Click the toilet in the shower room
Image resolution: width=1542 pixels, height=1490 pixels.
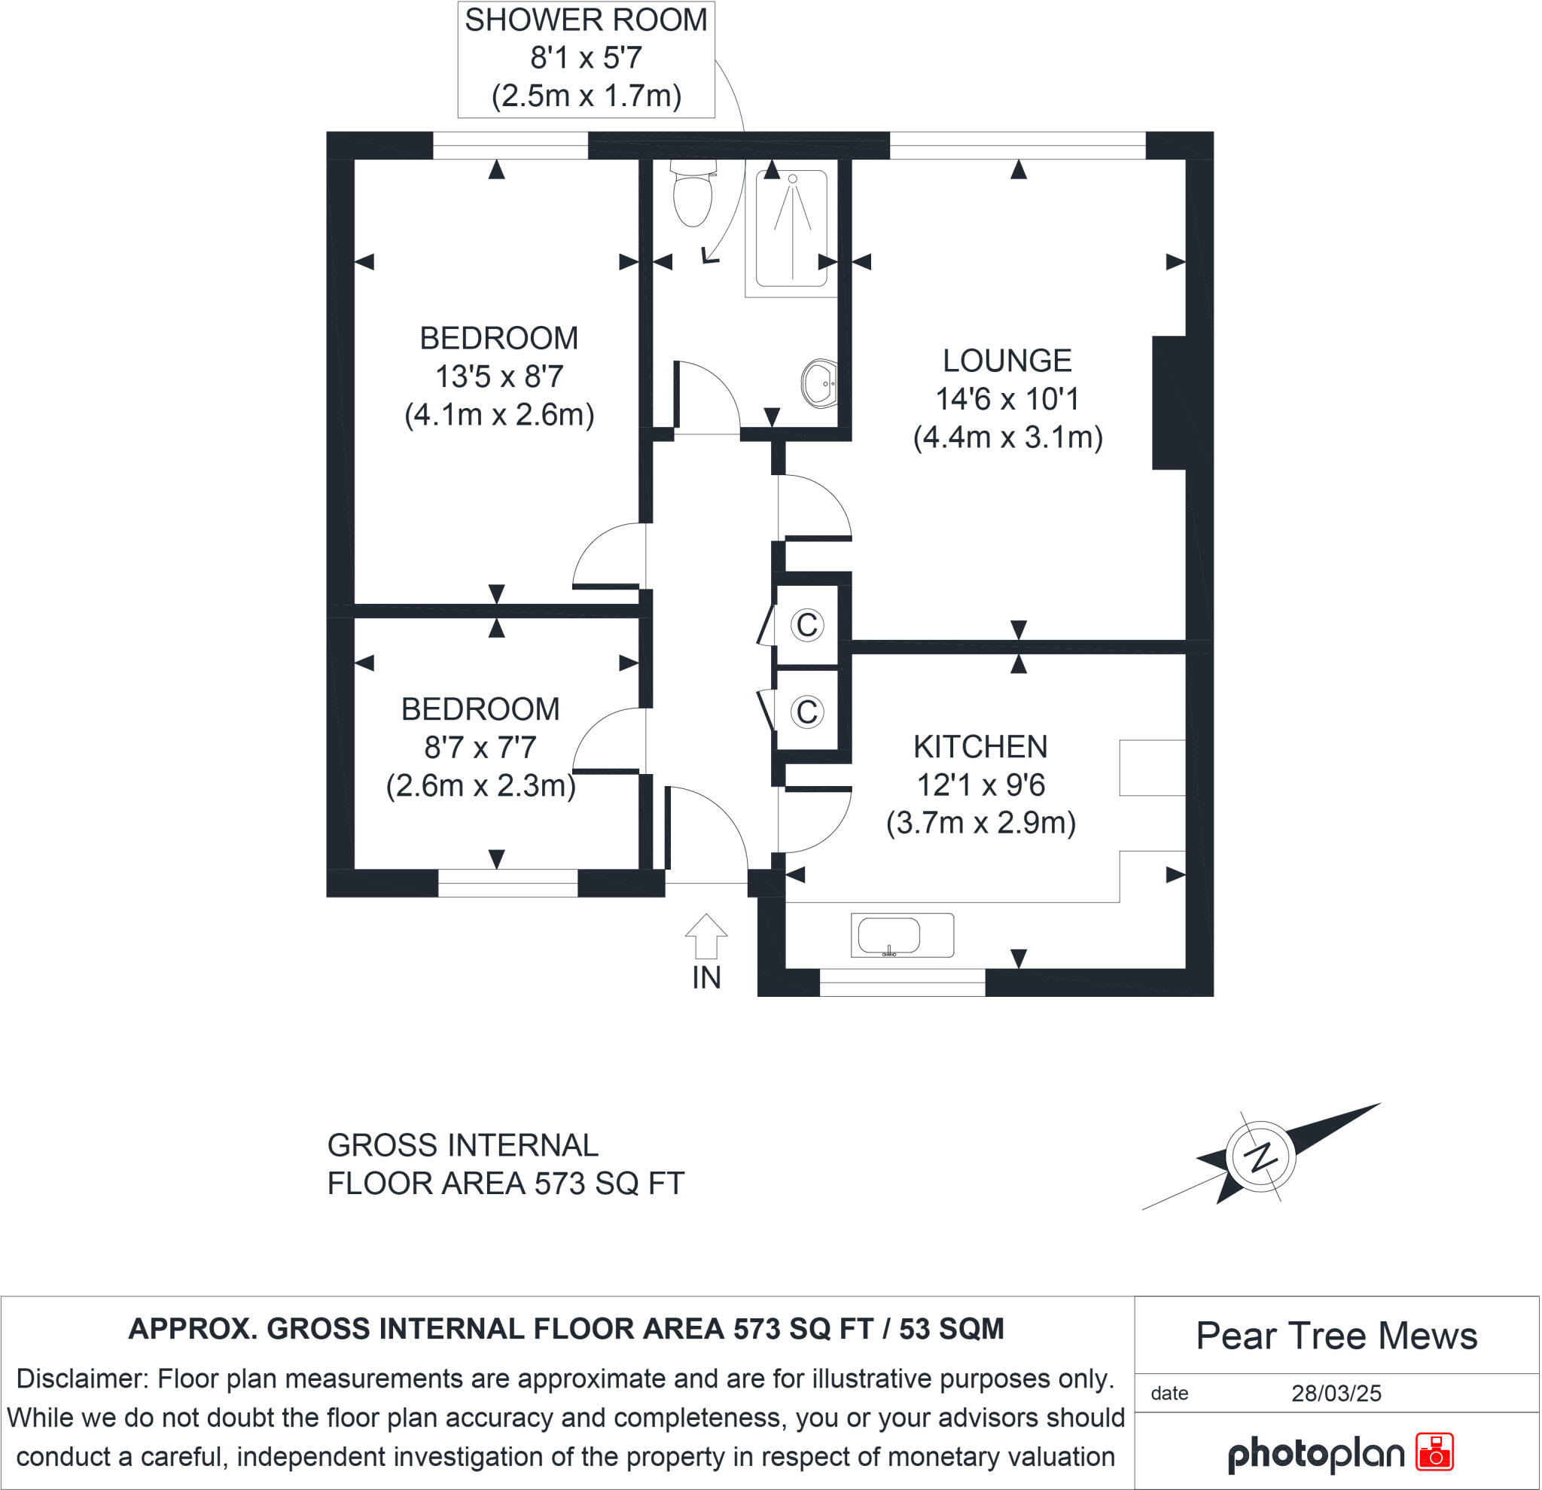tap(693, 195)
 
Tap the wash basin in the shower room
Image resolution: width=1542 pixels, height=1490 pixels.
tap(820, 384)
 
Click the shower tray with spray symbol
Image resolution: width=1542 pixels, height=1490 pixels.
tap(791, 228)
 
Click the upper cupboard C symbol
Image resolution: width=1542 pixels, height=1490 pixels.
tap(807, 626)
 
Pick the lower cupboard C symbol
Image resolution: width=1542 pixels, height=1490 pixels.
tap(807, 712)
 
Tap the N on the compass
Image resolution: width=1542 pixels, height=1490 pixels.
tap(1261, 1156)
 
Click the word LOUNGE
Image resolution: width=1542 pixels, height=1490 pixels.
tap(1007, 361)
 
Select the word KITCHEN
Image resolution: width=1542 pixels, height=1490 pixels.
tap(980, 747)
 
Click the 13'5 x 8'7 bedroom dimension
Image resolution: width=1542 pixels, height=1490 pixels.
tap(498, 376)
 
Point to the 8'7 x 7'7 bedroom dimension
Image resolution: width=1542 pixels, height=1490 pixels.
tap(480, 748)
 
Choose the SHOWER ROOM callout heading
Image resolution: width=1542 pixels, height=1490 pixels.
tap(585, 20)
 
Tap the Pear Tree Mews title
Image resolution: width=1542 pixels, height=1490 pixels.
tap(1336, 1336)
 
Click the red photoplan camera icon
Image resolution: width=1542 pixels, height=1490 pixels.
tap(1434, 1452)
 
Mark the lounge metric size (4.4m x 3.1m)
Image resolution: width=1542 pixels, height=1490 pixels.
tap(1008, 437)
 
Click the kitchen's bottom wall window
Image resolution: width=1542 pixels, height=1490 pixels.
tap(902, 983)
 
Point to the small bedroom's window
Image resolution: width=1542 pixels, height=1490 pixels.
tap(507, 883)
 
